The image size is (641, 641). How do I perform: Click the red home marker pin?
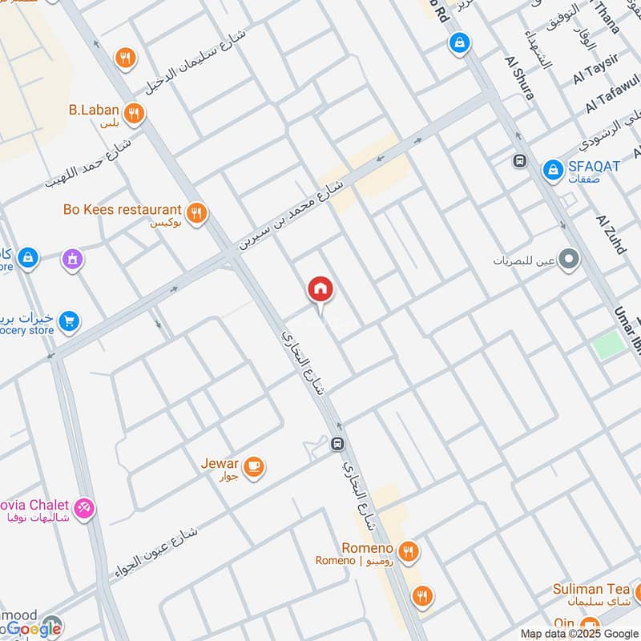pyautogui.click(x=320, y=289)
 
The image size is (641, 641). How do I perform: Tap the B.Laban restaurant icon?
pyautogui.click(x=135, y=113)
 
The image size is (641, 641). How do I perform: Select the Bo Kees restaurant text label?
pyautogui.click(x=122, y=210)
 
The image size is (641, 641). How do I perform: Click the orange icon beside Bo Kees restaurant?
pyautogui.click(x=196, y=212)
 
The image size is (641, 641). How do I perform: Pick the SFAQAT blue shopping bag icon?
pyautogui.click(x=551, y=169)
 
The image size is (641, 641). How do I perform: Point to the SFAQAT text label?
pyautogui.click(x=594, y=167)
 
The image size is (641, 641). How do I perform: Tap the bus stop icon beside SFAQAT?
pyautogui.click(x=520, y=161)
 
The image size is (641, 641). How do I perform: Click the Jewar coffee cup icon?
pyautogui.click(x=253, y=466)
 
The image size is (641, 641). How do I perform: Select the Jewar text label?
pyautogui.click(x=219, y=463)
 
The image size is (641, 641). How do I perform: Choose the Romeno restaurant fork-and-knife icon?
pyautogui.click(x=409, y=550)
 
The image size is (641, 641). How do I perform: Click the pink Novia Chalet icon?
pyautogui.click(x=84, y=508)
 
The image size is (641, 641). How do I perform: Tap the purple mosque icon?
pyautogui.click(x=73, y=259)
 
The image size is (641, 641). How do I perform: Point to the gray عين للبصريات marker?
pyautogui.click(x=569, y=260)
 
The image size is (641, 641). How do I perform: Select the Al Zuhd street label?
pyautogui.click(x=610, y=233)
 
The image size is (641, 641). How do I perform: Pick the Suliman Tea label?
pyautogui.click(x=591, y=590)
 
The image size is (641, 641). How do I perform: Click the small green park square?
pyautogui.click(x=609, y=345)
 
